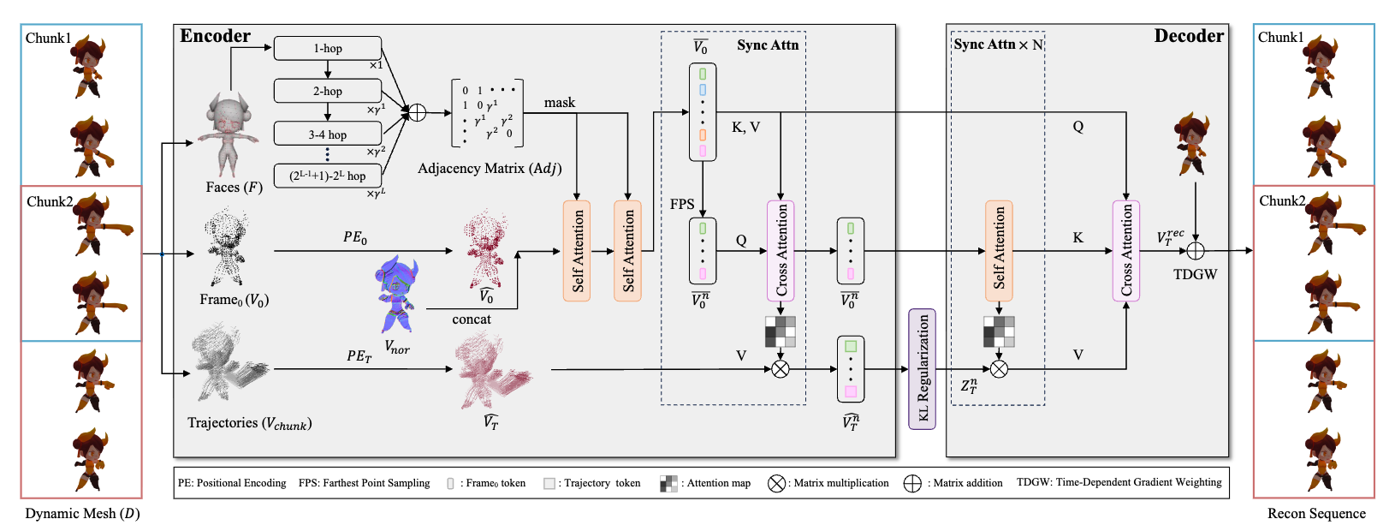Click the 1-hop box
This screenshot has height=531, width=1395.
tap(327, 48)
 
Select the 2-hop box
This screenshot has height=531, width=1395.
tap(327, 91)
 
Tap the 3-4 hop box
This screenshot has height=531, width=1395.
tap(327, 134)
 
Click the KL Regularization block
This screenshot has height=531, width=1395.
tap(922, 368)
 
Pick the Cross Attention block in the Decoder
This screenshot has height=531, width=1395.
tap(1125, 251)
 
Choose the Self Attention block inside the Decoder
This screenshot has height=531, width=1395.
tap(999, 251)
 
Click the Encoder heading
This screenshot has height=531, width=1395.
tap(215, 36)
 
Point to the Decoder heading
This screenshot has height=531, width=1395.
tap(1188, 36)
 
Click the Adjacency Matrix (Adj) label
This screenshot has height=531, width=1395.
tap(490, 169)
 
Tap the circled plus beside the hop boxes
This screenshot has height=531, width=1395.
tap(417, 112)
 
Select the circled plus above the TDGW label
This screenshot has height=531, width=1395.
tap(1196, 251)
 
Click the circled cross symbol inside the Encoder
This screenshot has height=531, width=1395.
tap(781, 369)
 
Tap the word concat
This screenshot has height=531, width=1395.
tap(472, 319)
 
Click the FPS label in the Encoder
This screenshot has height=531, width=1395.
tap(682, 204)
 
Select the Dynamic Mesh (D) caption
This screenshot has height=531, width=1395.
tap(82, 514)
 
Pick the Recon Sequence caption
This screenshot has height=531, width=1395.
tap(1316, 514)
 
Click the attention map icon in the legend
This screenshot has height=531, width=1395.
tap(668, 483)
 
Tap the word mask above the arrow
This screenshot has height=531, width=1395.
tap(560, 103)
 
